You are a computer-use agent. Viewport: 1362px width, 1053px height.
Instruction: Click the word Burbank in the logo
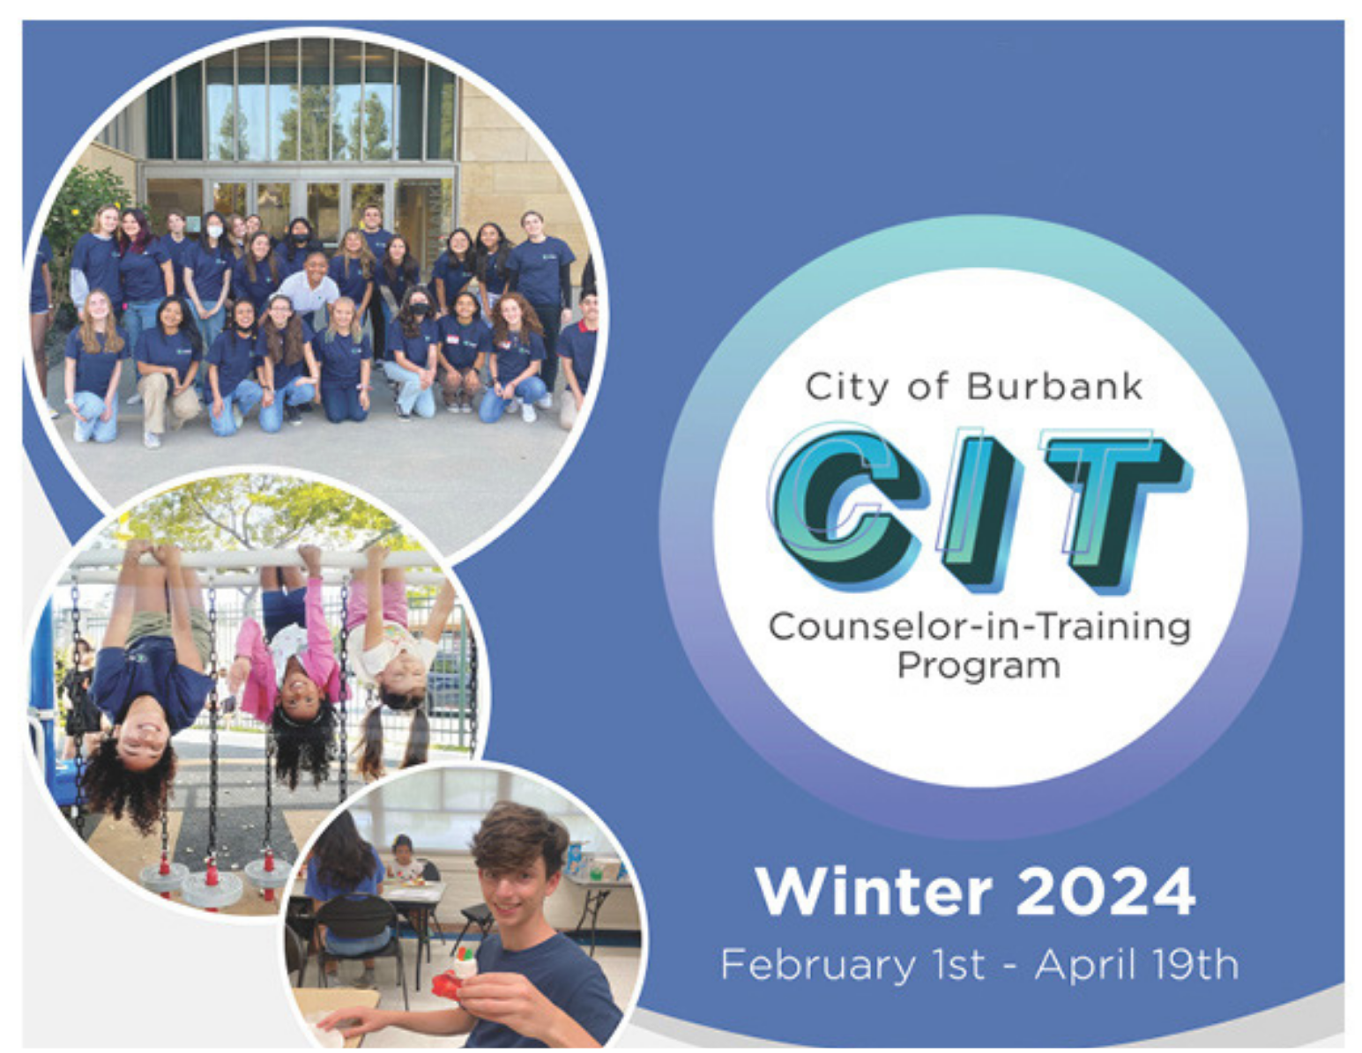click(x=1054, y=386)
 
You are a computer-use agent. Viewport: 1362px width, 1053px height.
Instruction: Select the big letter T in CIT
click(x=1114, y=507)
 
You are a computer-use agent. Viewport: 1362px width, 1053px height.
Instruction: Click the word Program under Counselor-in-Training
click(x=979, y=665)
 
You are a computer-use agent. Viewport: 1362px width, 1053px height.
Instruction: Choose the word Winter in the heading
click(x=874, y=892)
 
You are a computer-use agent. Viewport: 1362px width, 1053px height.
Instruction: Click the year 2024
click(x=1105, y=892)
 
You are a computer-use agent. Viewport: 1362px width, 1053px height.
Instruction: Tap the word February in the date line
click(x=818, y=965)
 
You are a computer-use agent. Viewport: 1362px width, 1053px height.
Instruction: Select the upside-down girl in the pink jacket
click(x=291, y=652)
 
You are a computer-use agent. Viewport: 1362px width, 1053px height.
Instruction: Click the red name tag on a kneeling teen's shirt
click(x=452, y=337)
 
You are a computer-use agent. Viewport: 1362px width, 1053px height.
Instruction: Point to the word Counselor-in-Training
click(x=979, y=627)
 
